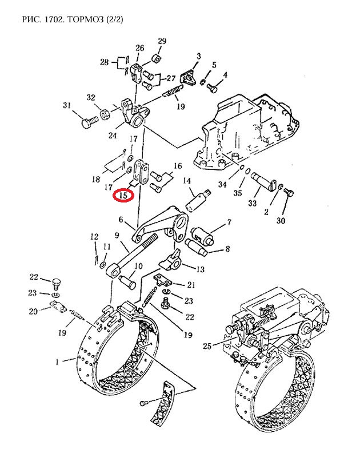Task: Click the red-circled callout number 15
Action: (123, 195)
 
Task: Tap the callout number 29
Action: (162, 41)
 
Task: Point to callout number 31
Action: (67, 105)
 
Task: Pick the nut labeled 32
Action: (106, 114)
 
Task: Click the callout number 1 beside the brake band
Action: (57, 361)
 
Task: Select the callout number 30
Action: (281, 221)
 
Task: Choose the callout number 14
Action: (187, 181)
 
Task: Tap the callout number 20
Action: (33, 311)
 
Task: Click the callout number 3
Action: (198, 55)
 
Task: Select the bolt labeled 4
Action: (211, 88)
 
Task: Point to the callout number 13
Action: (200, 269)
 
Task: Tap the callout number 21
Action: (191, 285)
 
